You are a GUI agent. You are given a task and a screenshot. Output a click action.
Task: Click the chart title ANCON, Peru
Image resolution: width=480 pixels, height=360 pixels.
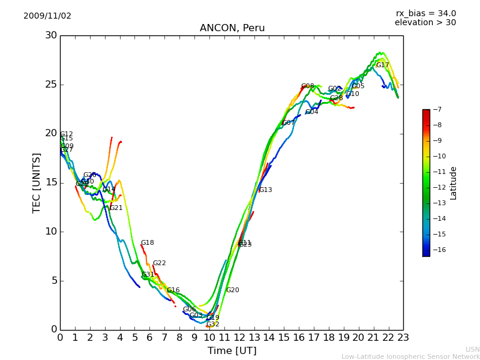point(232,28)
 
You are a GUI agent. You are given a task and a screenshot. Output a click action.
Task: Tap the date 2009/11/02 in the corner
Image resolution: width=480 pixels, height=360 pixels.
point(47,16)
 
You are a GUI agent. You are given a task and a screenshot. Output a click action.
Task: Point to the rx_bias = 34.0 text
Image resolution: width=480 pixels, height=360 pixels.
point(426,14)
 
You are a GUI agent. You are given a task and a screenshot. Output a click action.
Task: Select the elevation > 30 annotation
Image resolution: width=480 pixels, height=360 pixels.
point(425,23)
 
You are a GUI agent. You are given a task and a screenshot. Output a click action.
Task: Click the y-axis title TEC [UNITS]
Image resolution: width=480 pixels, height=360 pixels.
point(37,182)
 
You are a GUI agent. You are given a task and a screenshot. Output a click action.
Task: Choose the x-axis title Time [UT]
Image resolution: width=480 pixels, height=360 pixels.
point(232,351)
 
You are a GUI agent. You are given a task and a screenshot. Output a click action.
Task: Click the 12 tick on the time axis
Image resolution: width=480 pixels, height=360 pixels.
point(239,338)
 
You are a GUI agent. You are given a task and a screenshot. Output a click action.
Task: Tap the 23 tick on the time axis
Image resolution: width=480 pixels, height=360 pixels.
point(403,338)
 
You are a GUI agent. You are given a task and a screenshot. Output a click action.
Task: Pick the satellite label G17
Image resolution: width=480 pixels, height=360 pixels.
point(383,65)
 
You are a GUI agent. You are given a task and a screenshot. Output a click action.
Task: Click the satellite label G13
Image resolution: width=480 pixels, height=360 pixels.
point(265,190)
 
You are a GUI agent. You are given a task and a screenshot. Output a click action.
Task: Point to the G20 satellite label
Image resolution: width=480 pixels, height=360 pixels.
point(232,290)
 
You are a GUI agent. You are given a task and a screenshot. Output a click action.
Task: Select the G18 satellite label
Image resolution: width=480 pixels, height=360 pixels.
point(147,243)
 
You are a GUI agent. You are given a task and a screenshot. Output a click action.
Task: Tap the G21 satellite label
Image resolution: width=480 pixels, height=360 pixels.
point(116,208)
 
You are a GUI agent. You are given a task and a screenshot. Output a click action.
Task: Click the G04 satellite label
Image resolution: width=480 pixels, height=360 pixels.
point(312,112)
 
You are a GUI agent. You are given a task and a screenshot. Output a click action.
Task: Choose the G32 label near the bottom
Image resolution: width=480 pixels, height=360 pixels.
point(213,325)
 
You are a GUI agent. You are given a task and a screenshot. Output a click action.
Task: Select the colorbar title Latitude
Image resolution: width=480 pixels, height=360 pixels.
point(454,183)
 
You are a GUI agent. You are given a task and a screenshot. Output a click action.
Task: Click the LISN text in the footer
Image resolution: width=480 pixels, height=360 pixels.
point(473,349)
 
